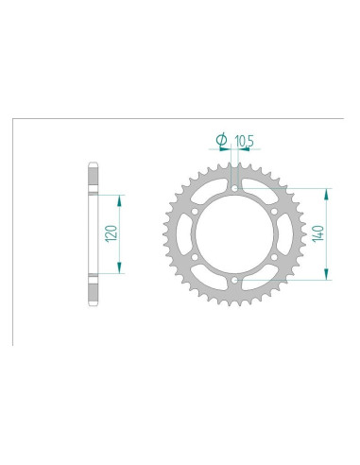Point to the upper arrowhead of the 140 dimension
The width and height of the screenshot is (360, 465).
pos(326,189)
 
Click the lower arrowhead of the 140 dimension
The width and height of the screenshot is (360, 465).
pos(326,277)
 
